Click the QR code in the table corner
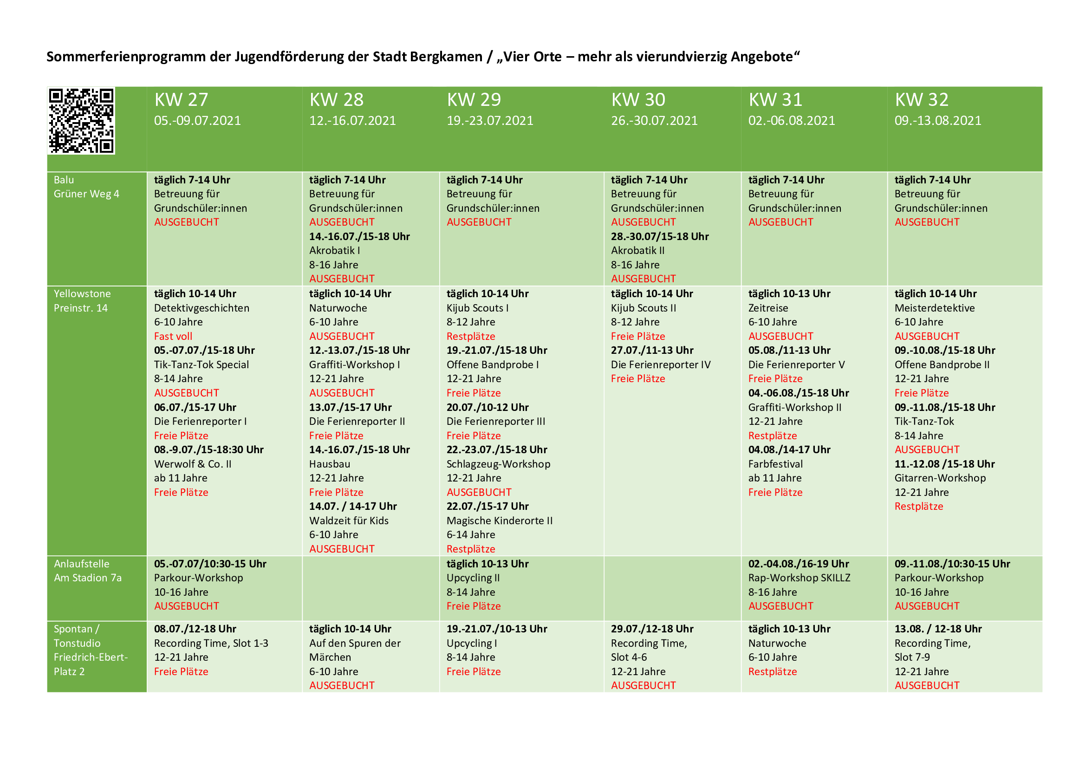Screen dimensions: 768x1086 coord(81,121)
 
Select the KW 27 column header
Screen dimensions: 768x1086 coord(181,100)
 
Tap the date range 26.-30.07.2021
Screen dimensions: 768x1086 coord(654,121)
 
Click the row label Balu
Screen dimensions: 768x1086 coord(64,180)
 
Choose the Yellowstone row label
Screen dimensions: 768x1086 coord(82,293)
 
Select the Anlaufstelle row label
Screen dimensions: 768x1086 coord(81,564)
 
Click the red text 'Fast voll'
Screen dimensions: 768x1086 coord(173,336)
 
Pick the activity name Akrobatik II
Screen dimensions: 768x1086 coord(637,251)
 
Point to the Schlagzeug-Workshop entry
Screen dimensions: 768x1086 coord(498,464)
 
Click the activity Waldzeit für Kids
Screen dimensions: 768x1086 coord(349,521)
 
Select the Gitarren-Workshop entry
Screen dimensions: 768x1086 coord(940,478)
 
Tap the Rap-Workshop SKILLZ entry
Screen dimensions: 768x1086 coord(799,578)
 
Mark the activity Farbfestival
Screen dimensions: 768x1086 coord(775,464)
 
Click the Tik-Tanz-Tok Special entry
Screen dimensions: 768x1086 coord(202,364)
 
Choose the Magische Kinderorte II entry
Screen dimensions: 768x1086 coord(500,521)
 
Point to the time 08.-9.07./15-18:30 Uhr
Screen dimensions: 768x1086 coord(208,450)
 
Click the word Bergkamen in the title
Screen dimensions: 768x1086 coord(446,57)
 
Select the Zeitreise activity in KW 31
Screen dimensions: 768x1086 coord(768,308)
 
